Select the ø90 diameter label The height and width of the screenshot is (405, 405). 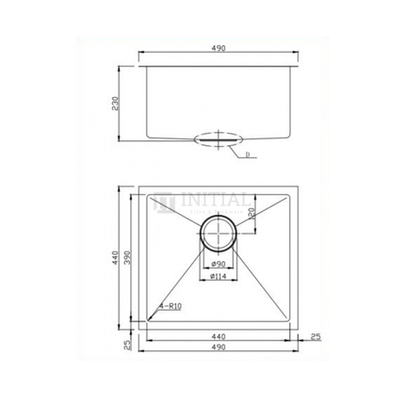coord(219,265)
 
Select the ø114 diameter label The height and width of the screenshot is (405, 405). coord(219,278)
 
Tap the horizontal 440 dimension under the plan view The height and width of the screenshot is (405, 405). coord(219,335)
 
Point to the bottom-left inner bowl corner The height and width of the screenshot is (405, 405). coord(149,321)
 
